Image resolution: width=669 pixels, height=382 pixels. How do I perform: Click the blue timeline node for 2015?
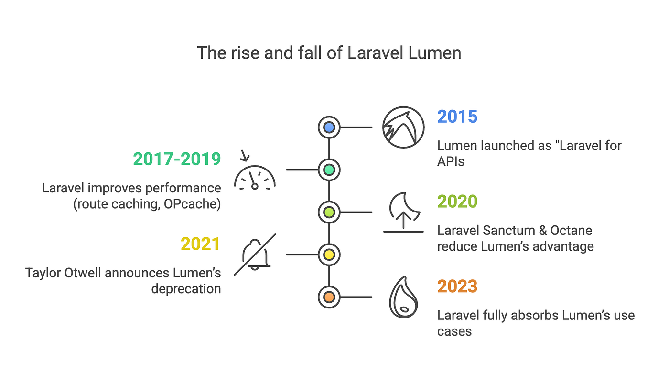[x=329, y=127]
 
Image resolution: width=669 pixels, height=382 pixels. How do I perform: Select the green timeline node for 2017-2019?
[x=329, y=169]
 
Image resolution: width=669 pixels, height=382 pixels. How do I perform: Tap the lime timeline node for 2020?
[x=329, y=211]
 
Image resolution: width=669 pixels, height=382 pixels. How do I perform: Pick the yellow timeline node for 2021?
[x=329, y=254]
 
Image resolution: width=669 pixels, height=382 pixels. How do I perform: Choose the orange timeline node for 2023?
[x=329, y=297]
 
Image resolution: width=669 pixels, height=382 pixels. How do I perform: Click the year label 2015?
[x=457, y=117]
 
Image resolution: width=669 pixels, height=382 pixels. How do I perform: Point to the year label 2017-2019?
[x=177, y=159]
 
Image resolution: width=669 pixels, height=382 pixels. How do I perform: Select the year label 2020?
[x=457, y=202]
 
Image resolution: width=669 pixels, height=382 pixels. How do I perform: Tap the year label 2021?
[x=200, y=244]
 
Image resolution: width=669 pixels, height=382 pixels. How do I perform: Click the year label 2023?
[x=457, y=286]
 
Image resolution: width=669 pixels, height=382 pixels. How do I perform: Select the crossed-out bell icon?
[x=255, y=254]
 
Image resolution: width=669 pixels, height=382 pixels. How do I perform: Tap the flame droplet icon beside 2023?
[x=403, y=297]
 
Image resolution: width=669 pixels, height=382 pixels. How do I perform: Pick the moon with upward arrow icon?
[x=403, y=212]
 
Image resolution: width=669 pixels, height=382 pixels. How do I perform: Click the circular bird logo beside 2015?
[x=403, y=127]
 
